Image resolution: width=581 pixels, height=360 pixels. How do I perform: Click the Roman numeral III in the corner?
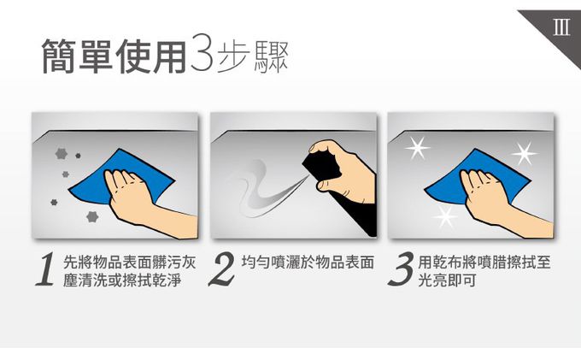tap(561, 27)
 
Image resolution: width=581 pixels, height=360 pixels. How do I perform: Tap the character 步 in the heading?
tap(232, 56)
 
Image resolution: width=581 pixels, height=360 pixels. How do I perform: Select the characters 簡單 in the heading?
tap(77, 56)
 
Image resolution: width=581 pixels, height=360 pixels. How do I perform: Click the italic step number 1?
tap(45, 269)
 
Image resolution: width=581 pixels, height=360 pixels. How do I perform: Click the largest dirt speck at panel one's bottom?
tap(92, 216)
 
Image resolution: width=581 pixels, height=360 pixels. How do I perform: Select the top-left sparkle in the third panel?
tap(418, 148)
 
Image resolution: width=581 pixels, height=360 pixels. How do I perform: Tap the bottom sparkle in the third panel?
tap(445, 216)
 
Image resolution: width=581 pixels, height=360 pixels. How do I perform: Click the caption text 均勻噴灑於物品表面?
tap(308, 263)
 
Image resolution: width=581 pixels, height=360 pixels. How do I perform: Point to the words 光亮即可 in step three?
tap(447, 280)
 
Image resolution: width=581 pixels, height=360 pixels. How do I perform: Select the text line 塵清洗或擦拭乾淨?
tap(122, 280)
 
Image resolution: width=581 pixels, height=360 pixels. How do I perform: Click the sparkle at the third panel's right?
tap(524, 153)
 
